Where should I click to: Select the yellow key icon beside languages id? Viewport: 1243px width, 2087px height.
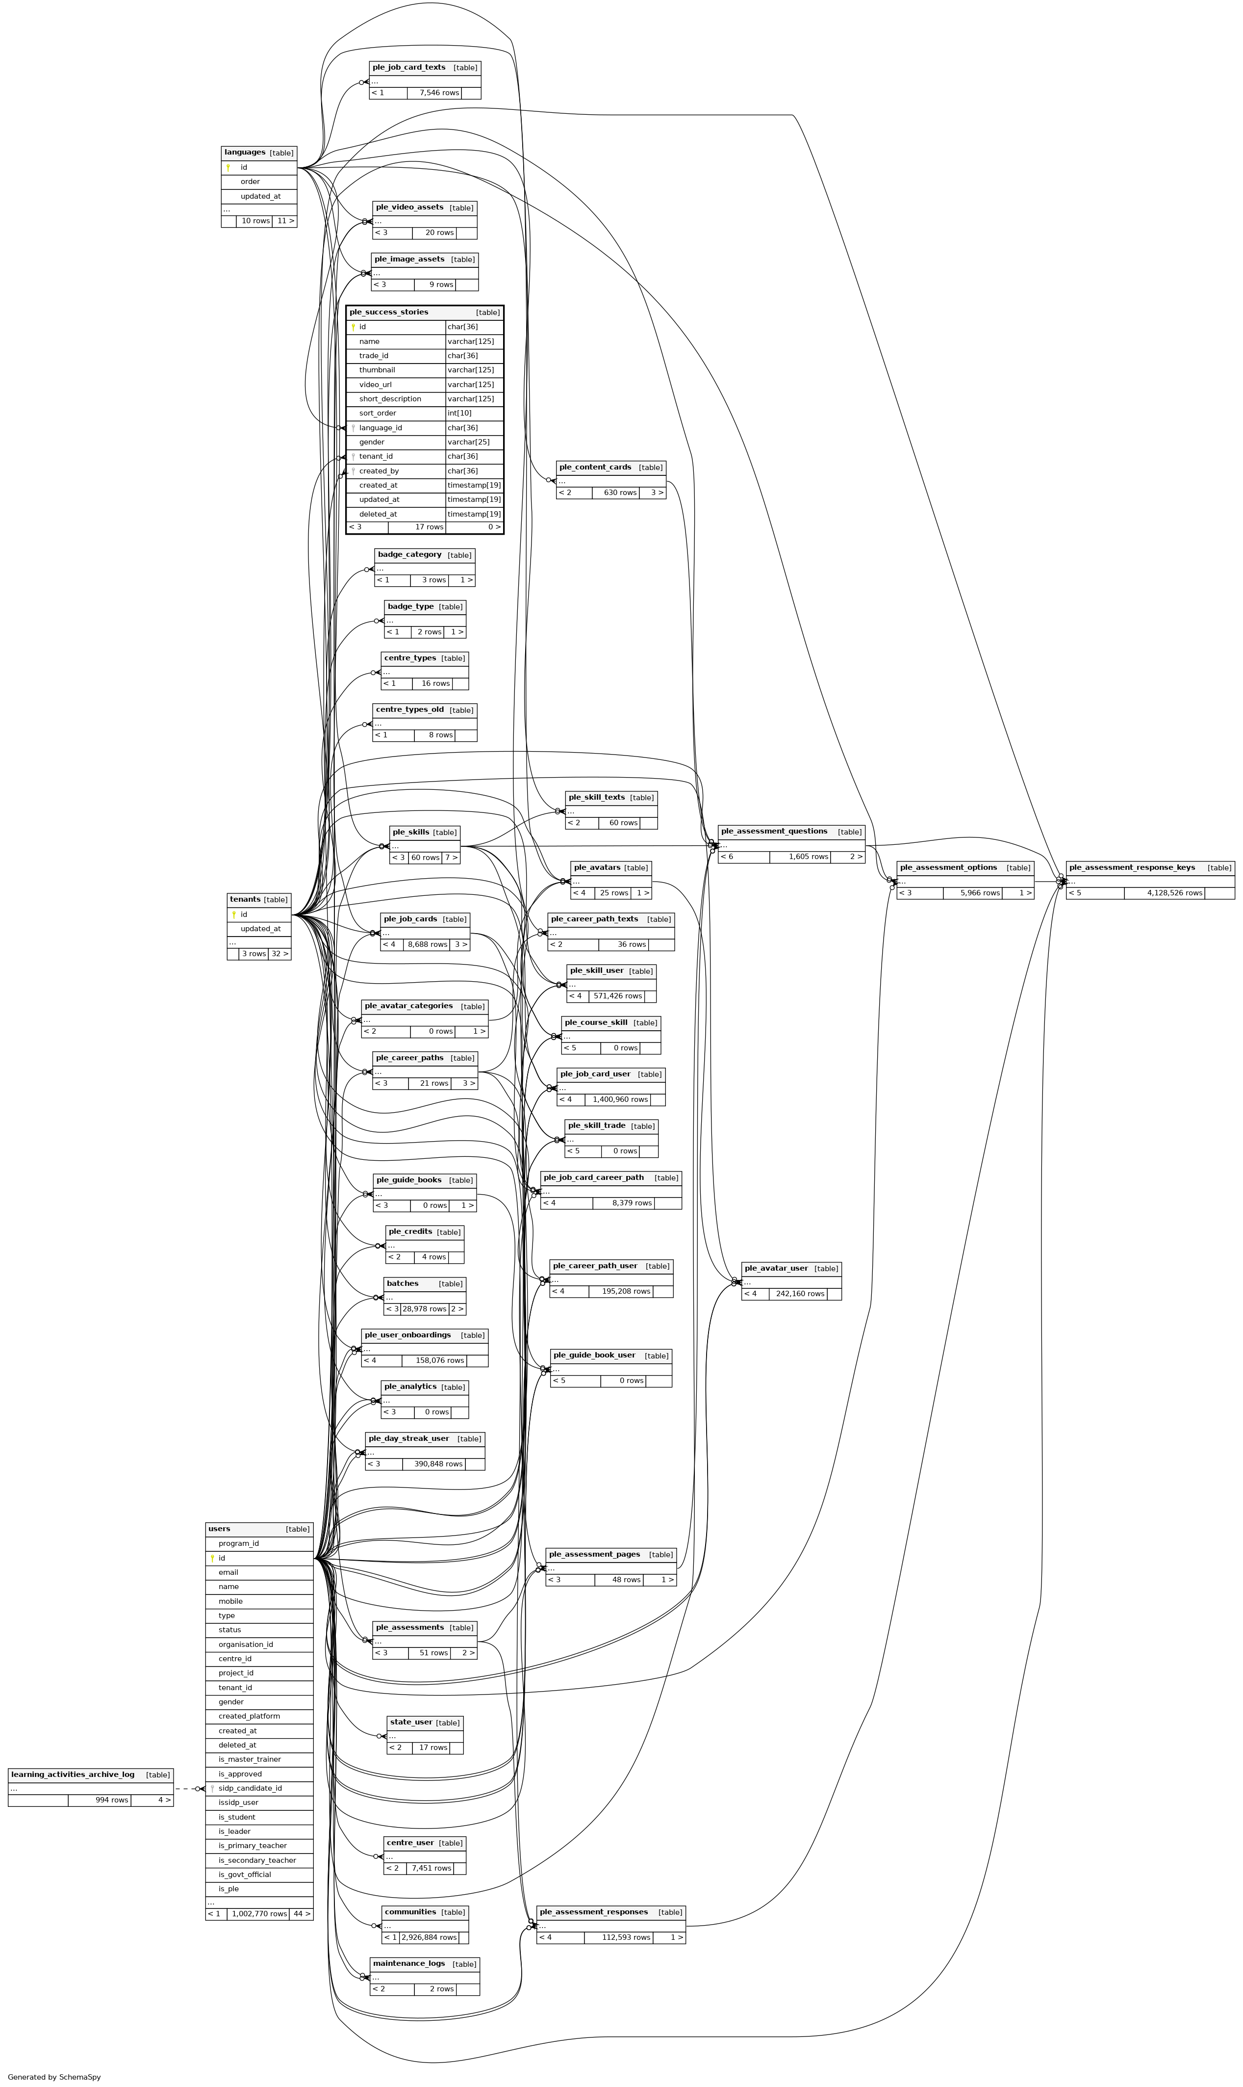(x=228, y=168)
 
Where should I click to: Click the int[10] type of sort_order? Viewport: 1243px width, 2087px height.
(x=459, y=413)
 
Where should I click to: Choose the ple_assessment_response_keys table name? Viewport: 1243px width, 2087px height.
(x=1132, y=867)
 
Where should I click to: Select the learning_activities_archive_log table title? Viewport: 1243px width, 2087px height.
(x=72, y=1774)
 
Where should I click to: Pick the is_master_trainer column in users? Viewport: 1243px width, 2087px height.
(x=250, y=1759)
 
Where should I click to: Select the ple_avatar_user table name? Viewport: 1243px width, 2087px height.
(x=776, y=1268)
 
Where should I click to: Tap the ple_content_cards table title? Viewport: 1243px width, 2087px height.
(x=595, y=467)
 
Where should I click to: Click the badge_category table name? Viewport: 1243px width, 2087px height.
(x=409, y=555)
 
